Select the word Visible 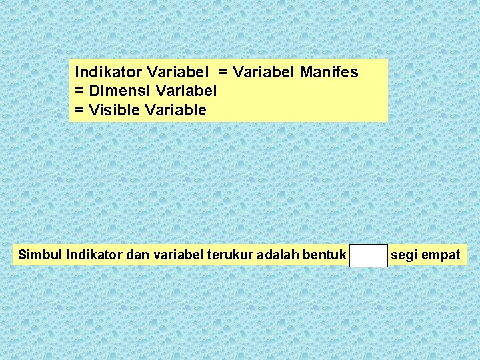[113, 110]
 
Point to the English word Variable [176, 110]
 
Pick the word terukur [231, 255]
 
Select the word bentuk [325, 255]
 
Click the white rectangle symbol [368, 255]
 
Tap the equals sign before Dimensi [80, 91]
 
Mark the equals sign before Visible [80, 110]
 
